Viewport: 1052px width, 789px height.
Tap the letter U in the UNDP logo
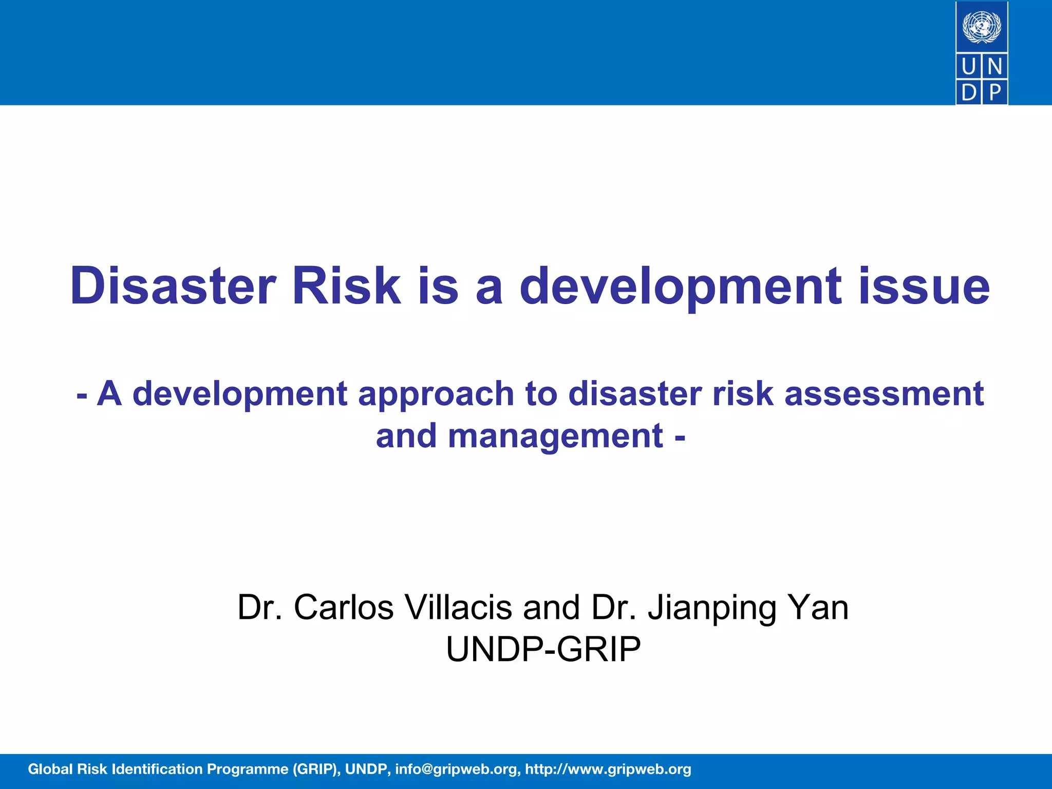pos(969,67)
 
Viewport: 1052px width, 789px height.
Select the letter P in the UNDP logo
pos(995,92)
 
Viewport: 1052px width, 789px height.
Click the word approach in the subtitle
pos(436,394)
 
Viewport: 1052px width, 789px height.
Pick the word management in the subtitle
pos(555,436)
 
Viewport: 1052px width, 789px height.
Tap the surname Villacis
pos(458,607)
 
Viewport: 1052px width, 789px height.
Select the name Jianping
pos(712,608)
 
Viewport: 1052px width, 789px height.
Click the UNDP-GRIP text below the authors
pos(543,649)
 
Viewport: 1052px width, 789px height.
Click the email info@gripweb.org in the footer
pos(456,769)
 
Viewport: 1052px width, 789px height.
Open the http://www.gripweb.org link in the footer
pos(608,769)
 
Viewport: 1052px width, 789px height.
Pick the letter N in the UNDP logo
pos(995,67)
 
